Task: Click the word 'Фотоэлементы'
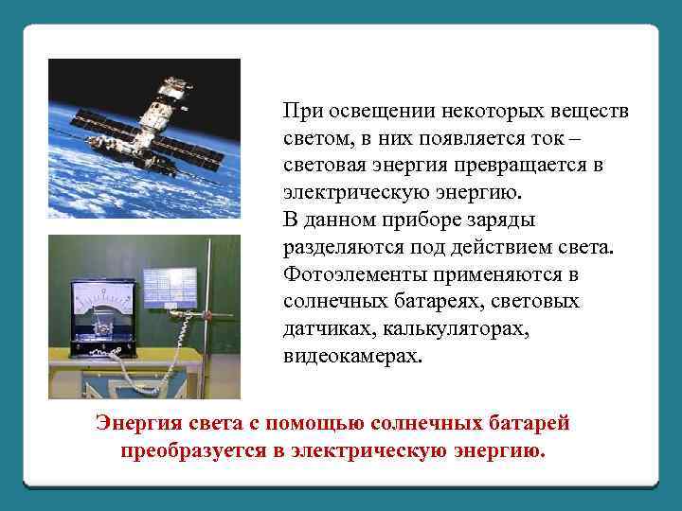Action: (350, 275)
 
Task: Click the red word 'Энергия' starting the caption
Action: (134, 422)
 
